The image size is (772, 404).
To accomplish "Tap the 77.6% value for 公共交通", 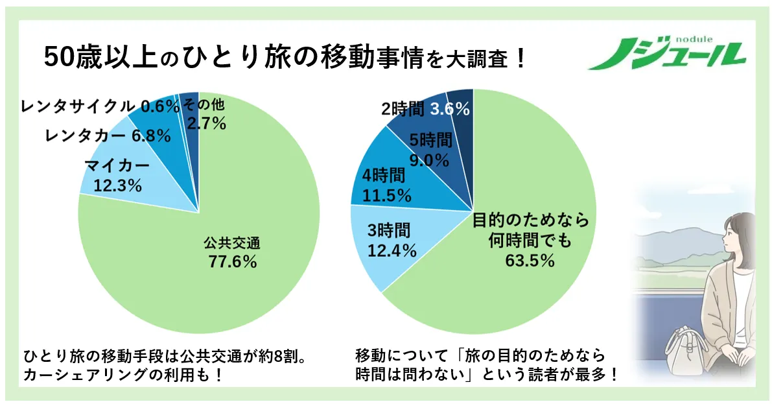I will pos(231,262).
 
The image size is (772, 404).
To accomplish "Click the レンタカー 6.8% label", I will pos(108,136).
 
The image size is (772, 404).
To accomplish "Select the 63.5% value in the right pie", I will pos(530,261).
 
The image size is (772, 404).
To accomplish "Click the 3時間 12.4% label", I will pos(389,240).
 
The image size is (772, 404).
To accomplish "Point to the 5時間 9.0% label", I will pos(428,150).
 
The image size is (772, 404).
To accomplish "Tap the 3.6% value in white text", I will pos(450,110).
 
